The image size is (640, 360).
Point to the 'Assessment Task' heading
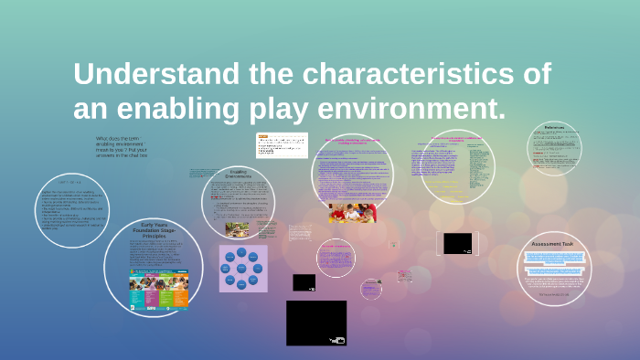point(553,244)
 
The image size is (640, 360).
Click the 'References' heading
point(554,127)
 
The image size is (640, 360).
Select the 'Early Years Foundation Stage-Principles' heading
point(154,231)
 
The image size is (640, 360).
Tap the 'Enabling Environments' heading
point(238,173)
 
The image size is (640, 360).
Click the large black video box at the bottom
point(316,323)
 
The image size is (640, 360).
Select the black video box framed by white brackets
point(457,243)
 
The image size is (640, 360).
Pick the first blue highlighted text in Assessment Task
point(553,257)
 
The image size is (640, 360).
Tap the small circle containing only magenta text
point(335,257)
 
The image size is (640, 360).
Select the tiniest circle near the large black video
point(370,289)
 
